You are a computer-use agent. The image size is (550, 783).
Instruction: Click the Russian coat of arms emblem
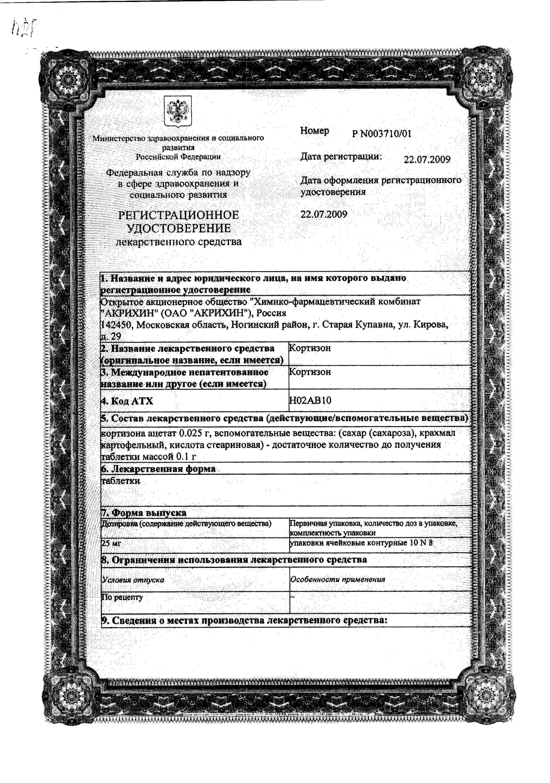point(178,111)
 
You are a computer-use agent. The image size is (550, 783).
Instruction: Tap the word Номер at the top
point(315,131)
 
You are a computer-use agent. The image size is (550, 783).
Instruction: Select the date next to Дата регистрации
point(427,159)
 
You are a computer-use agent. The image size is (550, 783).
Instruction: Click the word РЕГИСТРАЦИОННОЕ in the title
point(178,215)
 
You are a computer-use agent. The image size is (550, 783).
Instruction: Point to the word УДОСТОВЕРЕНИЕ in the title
point(179,228)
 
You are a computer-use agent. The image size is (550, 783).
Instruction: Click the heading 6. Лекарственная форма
point(158,468)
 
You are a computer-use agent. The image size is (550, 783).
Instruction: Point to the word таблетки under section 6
point(121,480)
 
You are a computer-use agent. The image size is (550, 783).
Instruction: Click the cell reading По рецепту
point(122,597)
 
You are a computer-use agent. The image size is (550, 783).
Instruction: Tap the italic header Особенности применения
point(337,579)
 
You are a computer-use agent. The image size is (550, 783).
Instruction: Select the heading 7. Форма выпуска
point(144,513)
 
